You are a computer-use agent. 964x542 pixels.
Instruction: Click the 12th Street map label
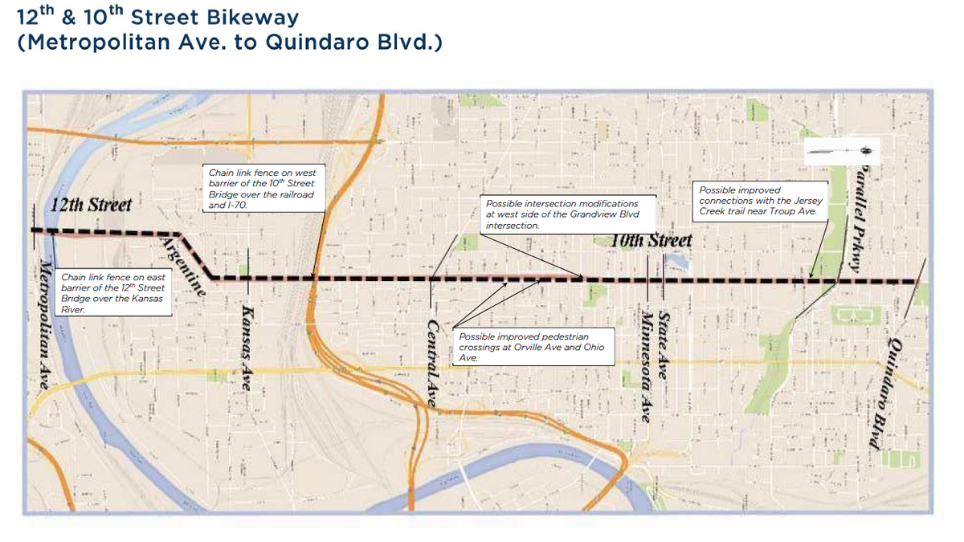tap(91, 204)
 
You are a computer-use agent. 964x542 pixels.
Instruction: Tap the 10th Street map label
tap(651, 240)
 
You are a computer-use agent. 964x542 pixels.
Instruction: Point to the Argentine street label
tap(183, 268)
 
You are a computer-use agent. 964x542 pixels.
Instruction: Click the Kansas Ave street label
tap(248, 350)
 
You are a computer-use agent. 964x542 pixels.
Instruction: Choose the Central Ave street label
tap(432, 364)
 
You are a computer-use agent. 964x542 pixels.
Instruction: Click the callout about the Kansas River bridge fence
tap(113, 293)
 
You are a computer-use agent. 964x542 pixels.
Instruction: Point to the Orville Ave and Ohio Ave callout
tap(533, 347)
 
